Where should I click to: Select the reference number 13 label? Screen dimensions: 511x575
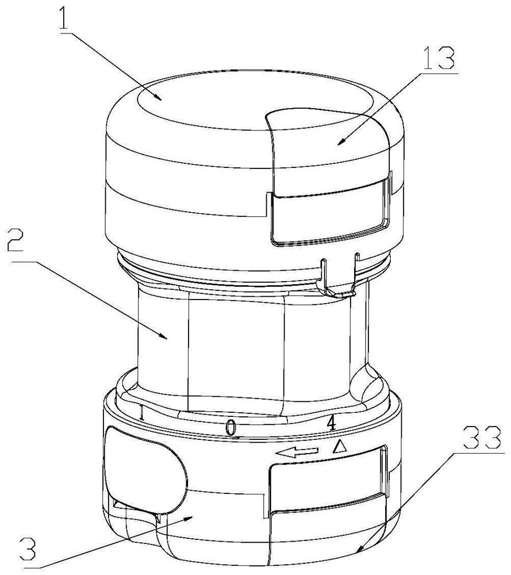(439, 59)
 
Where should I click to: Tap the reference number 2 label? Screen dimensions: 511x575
(15, 241)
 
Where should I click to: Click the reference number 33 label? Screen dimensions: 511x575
(482, 438)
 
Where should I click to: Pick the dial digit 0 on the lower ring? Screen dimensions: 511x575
(230, 428)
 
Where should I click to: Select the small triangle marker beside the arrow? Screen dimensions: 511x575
(340, 447)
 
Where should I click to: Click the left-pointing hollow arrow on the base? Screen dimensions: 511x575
(297, 453)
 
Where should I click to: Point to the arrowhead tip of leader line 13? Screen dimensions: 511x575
(337, 144)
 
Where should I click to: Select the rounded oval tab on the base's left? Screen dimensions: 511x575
(145, 471)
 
